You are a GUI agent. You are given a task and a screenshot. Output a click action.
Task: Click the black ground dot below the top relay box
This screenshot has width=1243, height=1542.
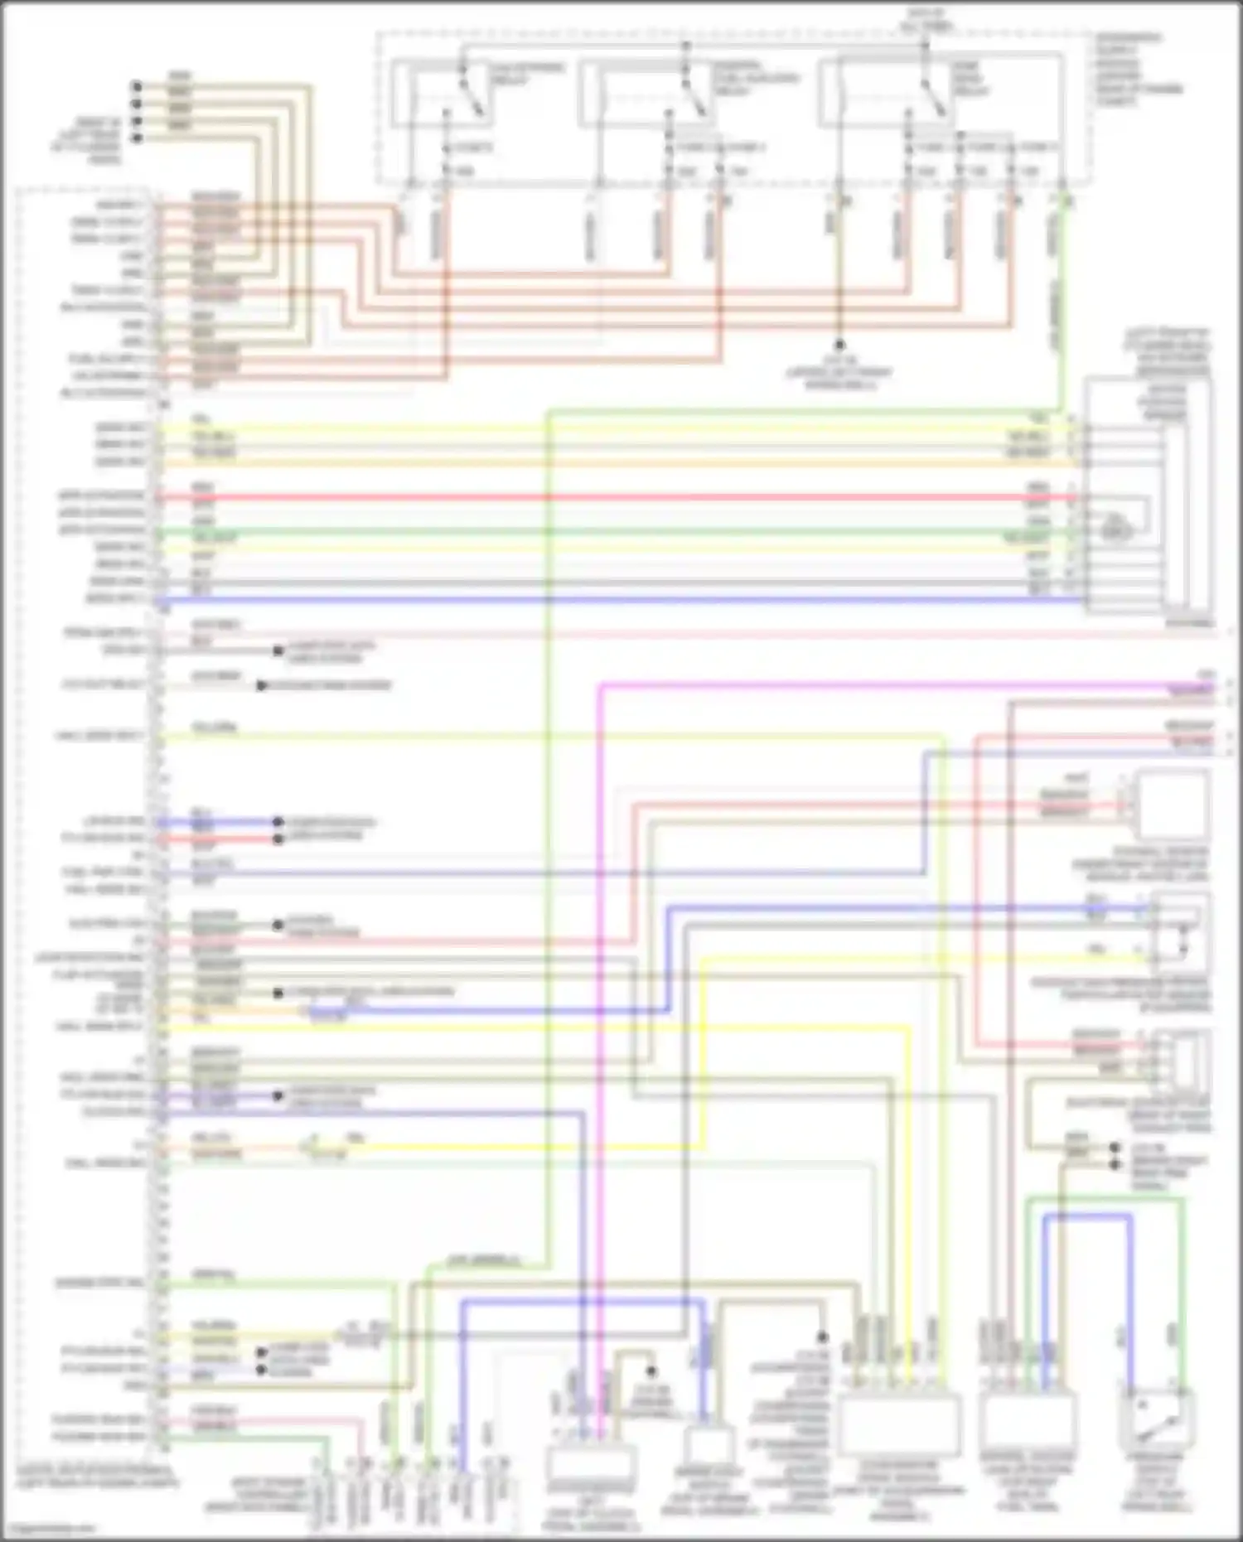coord(839,345)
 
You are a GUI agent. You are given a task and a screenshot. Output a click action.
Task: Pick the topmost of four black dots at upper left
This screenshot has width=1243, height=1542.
coord(137,85)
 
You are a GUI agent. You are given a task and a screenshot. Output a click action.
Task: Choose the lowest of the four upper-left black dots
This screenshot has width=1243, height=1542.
coord(137,138)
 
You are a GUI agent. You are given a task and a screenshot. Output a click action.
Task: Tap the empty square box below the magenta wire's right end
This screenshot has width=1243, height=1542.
coord(1173,805)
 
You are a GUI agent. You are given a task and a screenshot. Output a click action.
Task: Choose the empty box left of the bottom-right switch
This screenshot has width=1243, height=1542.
coord(1028,1424)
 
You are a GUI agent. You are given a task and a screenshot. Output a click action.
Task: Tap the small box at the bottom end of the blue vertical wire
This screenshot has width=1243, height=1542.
coord(709,1446)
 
